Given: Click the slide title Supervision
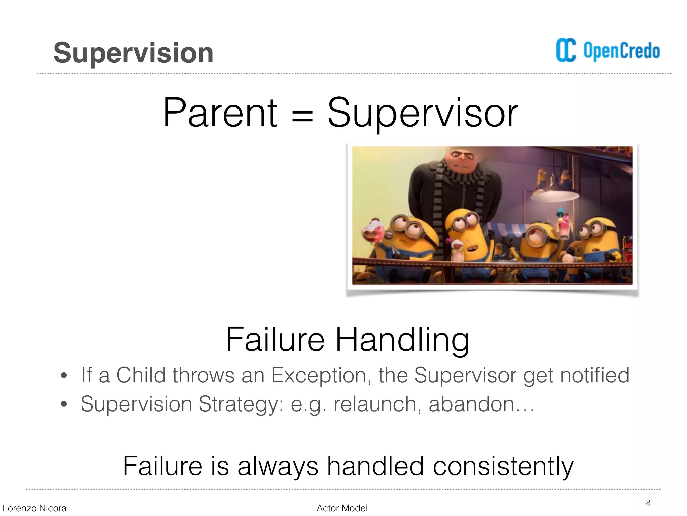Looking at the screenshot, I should click(133, 53).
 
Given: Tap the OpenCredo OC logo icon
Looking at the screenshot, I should click(566, 50).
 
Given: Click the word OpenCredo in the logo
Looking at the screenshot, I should click(622, 51).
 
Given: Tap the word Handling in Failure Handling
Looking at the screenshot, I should click(402, 340).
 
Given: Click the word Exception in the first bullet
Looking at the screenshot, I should click(319, 375).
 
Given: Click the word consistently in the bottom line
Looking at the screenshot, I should click(503, 466).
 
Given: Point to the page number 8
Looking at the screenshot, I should click(648, 503).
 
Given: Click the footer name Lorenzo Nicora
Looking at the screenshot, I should click(35, 508).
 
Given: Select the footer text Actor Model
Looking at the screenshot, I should click(342, 508).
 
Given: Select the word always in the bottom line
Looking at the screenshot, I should click(278, 466).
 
